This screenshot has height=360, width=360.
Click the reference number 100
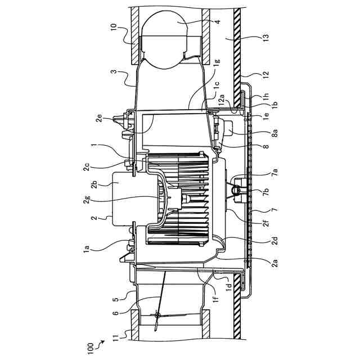[x=90, y=349]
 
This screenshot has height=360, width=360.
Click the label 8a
[x=275, y=133]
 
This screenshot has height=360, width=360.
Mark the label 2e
[x=99, y=119]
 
